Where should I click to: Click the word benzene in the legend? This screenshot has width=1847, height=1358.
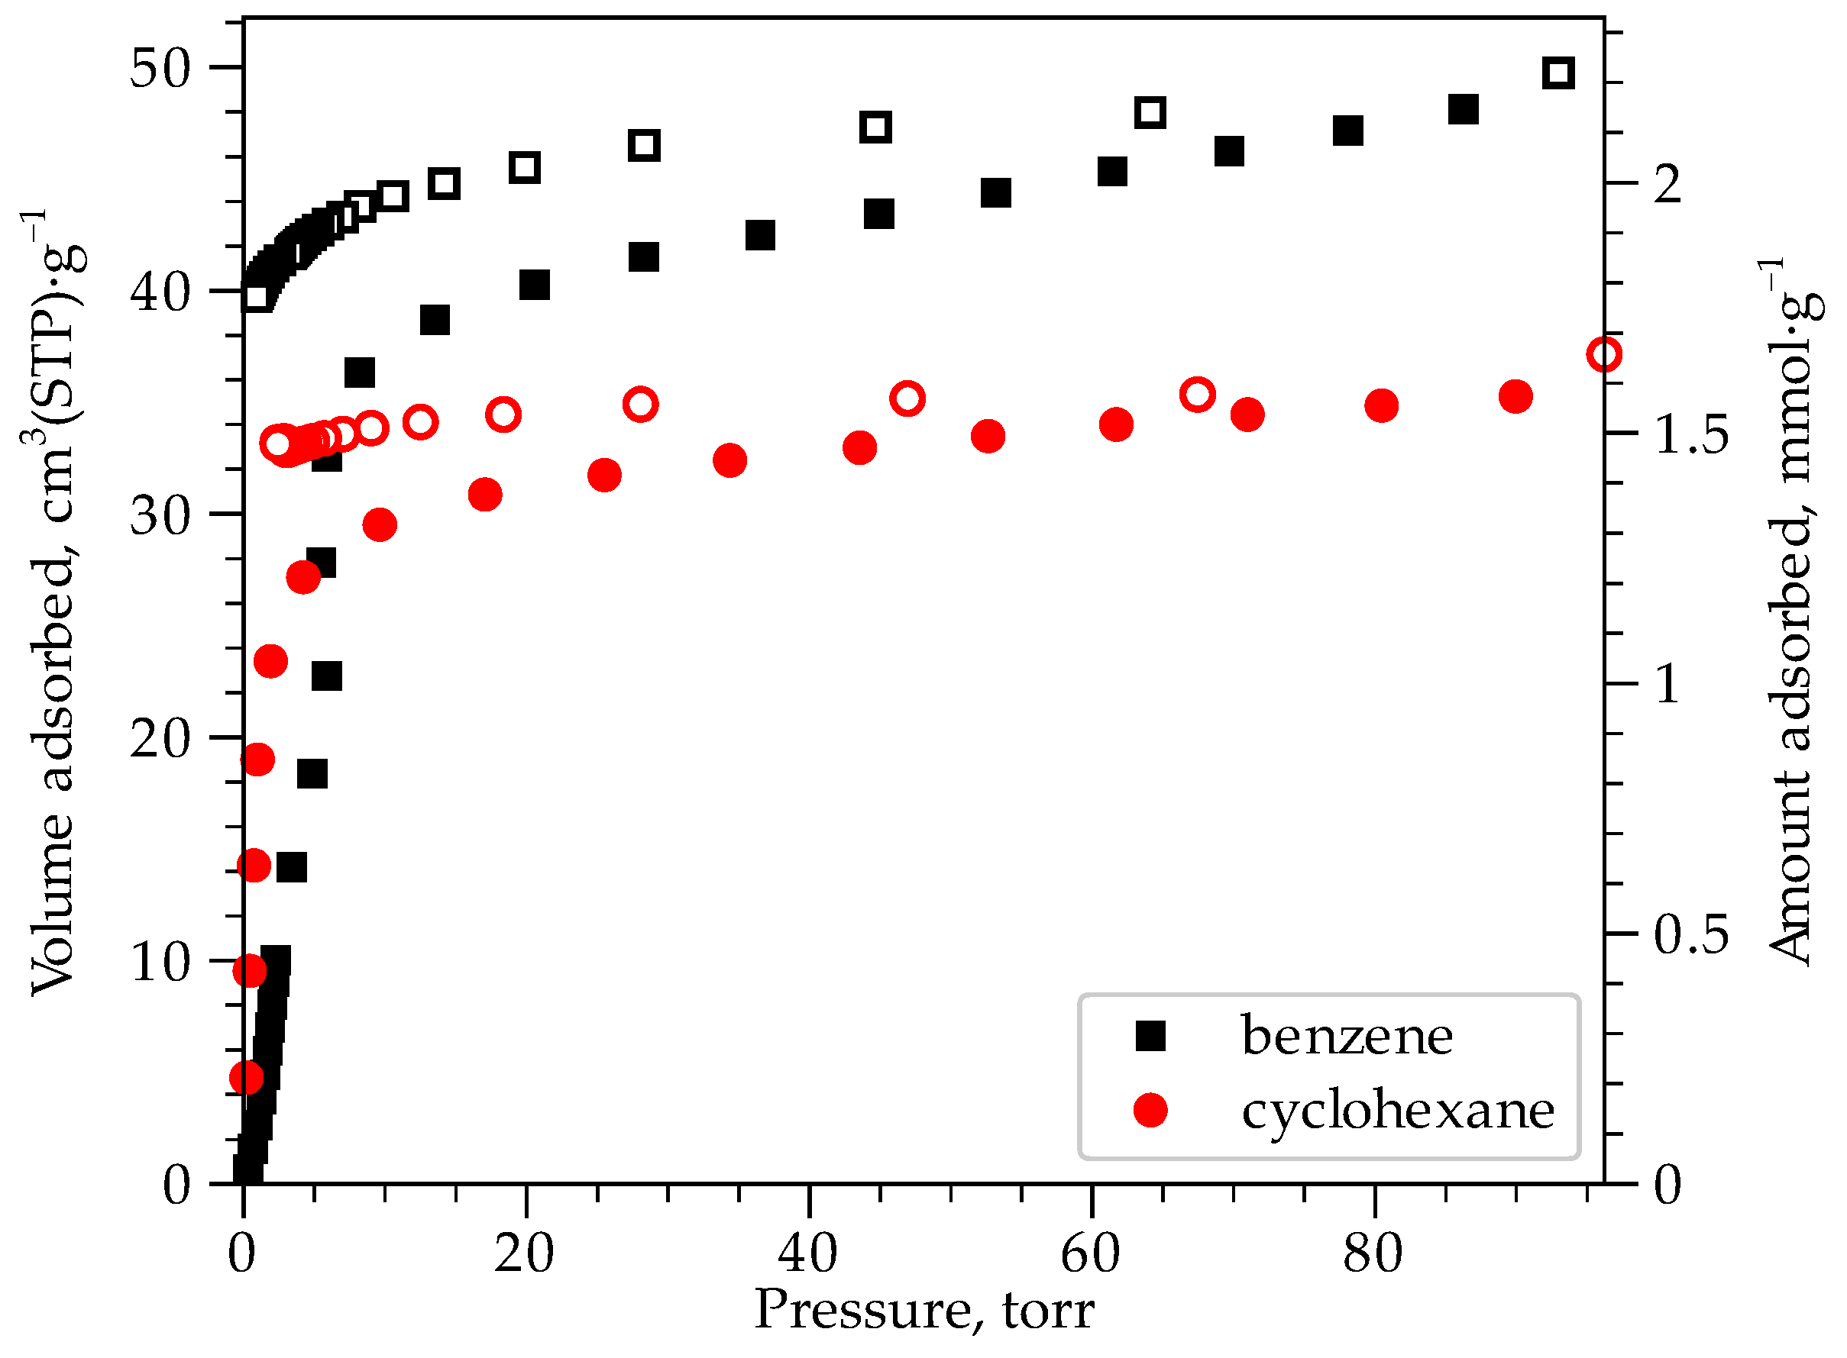[1346, 1036]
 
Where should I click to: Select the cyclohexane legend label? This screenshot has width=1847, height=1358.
[1397, 1111]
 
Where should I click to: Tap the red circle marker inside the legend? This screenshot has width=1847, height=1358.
[1150, 1110]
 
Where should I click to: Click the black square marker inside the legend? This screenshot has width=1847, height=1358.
[1150, 1036]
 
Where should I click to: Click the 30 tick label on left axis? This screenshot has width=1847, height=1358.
[160, 515]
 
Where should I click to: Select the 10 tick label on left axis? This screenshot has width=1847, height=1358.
[160, 962]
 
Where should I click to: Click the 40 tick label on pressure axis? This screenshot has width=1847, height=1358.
[807, 1254]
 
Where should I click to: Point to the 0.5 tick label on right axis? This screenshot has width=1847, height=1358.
[1690, 934]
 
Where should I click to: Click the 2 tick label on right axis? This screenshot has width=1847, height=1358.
[1668, 184]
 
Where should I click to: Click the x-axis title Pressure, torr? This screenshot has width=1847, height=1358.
[924, 1311]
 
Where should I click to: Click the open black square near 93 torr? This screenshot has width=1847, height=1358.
[1558, 73]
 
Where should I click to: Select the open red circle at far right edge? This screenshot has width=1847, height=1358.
[1603, 355]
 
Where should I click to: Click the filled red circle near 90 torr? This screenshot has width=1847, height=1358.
[1515, 396]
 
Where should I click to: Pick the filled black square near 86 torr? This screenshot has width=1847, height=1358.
[1463, 108]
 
